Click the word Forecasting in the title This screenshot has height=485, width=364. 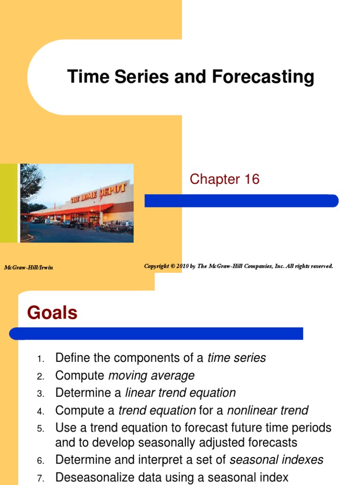tap(263, 77)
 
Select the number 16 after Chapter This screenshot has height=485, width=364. tap(252, 179)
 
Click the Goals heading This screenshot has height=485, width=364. tap(52, 313)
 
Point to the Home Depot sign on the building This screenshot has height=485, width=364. tap(99, 193)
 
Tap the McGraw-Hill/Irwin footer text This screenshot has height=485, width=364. tap(28, 268)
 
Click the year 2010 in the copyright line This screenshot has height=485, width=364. tap(182, 266)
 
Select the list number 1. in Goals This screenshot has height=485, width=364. tap(41, 359)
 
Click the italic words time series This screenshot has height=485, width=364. tap(237, 358)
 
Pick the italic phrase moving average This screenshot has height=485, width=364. tap(151, 376)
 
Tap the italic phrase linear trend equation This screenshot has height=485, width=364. tap(181, 393)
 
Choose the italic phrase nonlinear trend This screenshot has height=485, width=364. tap(268, 411)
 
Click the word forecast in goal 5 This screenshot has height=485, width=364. tap(206, 428)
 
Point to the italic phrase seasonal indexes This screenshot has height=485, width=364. tap(276, 460)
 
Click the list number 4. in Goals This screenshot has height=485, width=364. tap(41, 412)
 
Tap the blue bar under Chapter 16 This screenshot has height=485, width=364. tap(241, 201)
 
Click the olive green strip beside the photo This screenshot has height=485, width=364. tap(9, 203)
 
